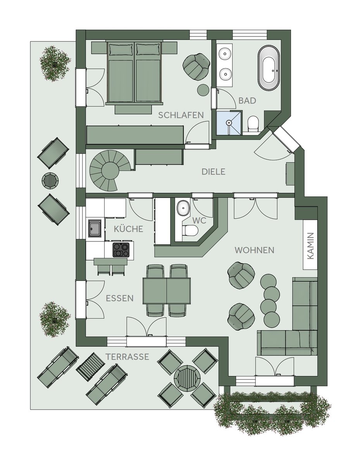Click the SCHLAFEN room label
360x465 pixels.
coord(181,115)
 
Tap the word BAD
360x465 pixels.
coord(247,101)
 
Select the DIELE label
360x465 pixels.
coord(213,172)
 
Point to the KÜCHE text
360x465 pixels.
coord(128,229)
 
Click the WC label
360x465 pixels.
coord(199,220)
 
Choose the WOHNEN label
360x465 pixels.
coord(254,250)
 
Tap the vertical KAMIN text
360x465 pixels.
coord(310,246)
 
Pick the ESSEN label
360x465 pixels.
coord(120,298)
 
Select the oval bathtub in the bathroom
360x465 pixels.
coord(269,68)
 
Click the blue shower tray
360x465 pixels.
coord(229,123)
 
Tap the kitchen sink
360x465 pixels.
coord(95,228)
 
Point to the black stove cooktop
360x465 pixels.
coord(121,250)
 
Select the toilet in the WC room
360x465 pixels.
coord(189,230)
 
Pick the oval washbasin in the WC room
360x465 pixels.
coord(183,208)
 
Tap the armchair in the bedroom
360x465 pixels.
coord(196,67)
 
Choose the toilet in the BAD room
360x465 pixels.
coord(253,123)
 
